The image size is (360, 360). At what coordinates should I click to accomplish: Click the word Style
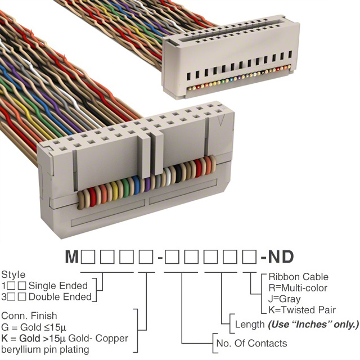coord(13,275)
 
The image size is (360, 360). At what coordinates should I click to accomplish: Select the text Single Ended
coord(58,285)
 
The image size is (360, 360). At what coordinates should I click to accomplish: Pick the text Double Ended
coord(59,296)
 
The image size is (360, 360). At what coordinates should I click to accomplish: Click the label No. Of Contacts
coord(251,343)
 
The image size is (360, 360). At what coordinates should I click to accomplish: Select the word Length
coord(250,325)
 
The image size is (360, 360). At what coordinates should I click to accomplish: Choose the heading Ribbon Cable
coord(298,277)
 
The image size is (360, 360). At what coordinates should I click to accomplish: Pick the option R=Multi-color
coord(298,288)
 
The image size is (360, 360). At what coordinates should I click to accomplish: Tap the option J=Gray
coord(285,299)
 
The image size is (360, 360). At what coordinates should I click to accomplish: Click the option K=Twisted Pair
coord(302,310)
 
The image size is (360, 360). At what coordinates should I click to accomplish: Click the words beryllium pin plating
coord(46,349)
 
